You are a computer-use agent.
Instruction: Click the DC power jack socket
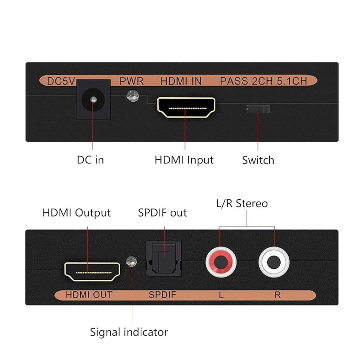pos(93,100)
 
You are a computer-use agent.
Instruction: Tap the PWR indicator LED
pos(132,96)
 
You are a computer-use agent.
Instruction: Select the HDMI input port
pos(186,108)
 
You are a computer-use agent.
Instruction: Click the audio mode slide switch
pos(258,109)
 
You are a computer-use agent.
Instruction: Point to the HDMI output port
pos(92,272)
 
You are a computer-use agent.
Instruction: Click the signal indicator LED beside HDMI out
pos(131,261)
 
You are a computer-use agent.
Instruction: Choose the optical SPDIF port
pos(164,259)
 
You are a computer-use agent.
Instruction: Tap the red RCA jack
pos(221,262)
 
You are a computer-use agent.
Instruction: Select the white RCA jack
pos(274,262)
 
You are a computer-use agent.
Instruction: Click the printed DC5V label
pos(61,81)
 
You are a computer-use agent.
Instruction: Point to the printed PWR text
pos(132,81)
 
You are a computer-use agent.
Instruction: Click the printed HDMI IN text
pos(181,81)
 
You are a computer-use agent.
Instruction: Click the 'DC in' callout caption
pos(90,160)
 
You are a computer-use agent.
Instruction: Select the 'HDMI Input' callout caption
pos(184,160)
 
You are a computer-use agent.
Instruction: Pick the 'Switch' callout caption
pos(258,160)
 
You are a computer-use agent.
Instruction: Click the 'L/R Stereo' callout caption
pos(242,204)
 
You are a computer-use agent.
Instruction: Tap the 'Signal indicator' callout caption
pos(129,332)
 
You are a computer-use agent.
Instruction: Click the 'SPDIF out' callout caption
pos(162,213)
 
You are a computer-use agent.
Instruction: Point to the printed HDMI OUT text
pos(89,295)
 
